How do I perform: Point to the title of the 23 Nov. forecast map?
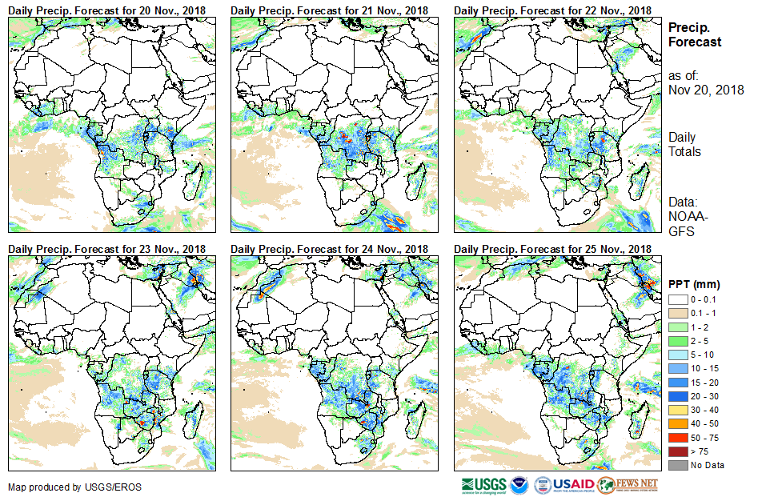[107, 249]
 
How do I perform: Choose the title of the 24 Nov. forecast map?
[330, 249]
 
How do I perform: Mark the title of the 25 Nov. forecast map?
[552, 249]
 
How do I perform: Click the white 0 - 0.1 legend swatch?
[676, 299]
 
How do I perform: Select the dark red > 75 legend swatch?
[676, 452]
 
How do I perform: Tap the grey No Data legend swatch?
[676, 465]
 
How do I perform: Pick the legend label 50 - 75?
[704, 439]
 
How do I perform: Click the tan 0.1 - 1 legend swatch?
[676, 311]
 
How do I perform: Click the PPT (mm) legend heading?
[695, 284]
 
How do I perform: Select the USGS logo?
[483, 485]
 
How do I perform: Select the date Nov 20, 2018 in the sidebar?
[706, 90]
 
